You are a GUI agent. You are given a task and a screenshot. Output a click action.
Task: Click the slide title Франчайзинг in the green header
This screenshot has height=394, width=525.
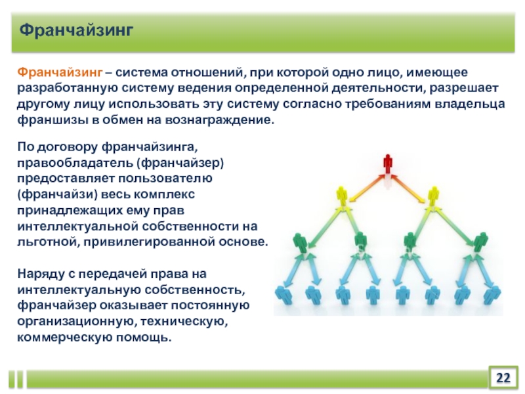click(x=76, y=31)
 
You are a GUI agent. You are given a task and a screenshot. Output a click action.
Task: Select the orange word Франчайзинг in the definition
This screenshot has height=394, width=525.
click(x=60, y=72)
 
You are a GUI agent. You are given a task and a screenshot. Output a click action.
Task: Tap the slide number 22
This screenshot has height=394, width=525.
click(x=503, y=378)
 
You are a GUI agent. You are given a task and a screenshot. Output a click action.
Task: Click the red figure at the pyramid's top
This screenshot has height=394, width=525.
click(x=387, y=164)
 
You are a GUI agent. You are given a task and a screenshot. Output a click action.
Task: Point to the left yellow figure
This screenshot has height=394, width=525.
click(x=341, y=196)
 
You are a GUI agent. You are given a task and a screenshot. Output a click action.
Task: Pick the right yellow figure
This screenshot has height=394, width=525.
click(x=433, y=196)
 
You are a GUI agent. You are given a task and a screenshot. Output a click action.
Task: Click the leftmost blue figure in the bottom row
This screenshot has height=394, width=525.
click(x=284, y=295)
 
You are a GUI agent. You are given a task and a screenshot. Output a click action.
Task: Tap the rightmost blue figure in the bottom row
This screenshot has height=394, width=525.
click(x=492, y=295)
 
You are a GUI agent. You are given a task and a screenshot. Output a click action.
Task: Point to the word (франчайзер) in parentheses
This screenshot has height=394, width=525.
click(x=180, y=163)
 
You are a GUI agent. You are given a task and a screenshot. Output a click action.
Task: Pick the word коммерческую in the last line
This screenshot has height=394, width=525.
click(x=64, y=337)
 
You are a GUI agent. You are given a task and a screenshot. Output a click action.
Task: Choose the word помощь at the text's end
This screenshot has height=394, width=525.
click(x=143, y=337)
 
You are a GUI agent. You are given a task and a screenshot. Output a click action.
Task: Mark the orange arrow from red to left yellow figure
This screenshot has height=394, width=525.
click(x=366, y=188)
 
